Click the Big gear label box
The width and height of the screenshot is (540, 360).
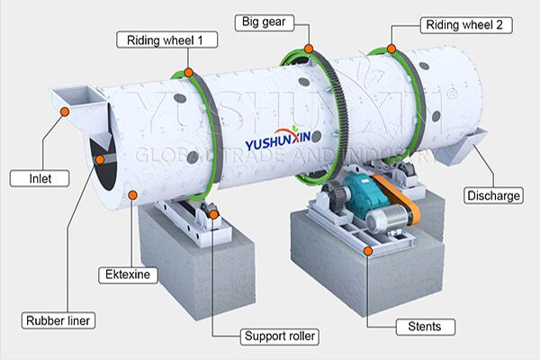click(x=265, y=22)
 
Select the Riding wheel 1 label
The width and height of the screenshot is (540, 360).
click(x=167, y=40)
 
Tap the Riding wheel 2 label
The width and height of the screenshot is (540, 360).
click(x=466, y=25)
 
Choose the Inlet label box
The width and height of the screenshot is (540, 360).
click(x=40, y=178)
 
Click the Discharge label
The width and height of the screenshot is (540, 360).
click(x=493, y=195)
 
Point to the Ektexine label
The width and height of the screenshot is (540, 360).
click(x=128, y=274)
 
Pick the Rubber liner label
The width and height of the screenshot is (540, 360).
click(x=58, y=320)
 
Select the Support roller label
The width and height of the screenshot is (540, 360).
click(x=279, y=337)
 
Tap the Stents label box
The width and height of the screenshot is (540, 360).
click(x=426, y=327)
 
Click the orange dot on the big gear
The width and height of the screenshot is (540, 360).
click(x=309, y=49)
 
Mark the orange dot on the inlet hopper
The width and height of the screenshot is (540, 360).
click(x=65, y=112)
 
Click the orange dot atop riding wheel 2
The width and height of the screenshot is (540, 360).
click(x=391, y=49)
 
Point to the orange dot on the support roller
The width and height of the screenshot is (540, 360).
click(x=213, y=214)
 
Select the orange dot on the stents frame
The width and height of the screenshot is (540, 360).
click(x=368, y=251)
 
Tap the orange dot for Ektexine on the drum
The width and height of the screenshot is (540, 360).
click(x=132, y=195)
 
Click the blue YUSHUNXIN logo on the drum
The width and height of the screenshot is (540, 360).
click(x=277, y=138)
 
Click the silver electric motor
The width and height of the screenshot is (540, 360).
click(x=387, y=219)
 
